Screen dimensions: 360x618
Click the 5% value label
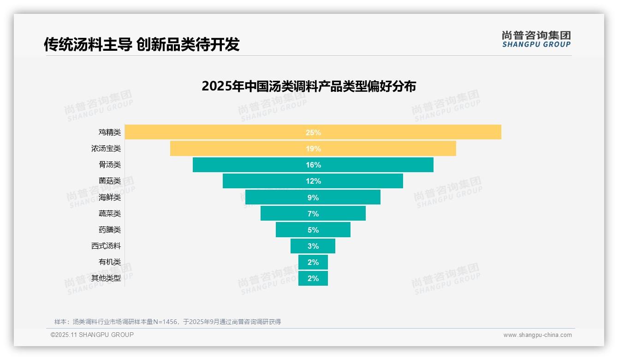(x=313, y=230)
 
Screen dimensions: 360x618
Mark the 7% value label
(x=313, y=214)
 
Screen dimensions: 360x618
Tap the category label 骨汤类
(x=109, y=165)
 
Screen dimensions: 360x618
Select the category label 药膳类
(x=109, y=230)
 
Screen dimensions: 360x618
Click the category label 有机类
(x=109, y=262)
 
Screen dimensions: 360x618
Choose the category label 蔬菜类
(x=109, y=214)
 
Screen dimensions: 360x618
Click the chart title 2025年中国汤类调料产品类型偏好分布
(x=309, y=86)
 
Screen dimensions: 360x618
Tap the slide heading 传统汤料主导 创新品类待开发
(x=142, y=44)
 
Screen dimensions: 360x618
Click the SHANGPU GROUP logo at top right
(x=536, y=39)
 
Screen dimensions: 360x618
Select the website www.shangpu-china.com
(x=537, y=335)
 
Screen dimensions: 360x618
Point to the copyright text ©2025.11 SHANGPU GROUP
(x=92, y=335)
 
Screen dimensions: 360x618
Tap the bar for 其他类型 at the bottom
(x=304, y=278)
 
